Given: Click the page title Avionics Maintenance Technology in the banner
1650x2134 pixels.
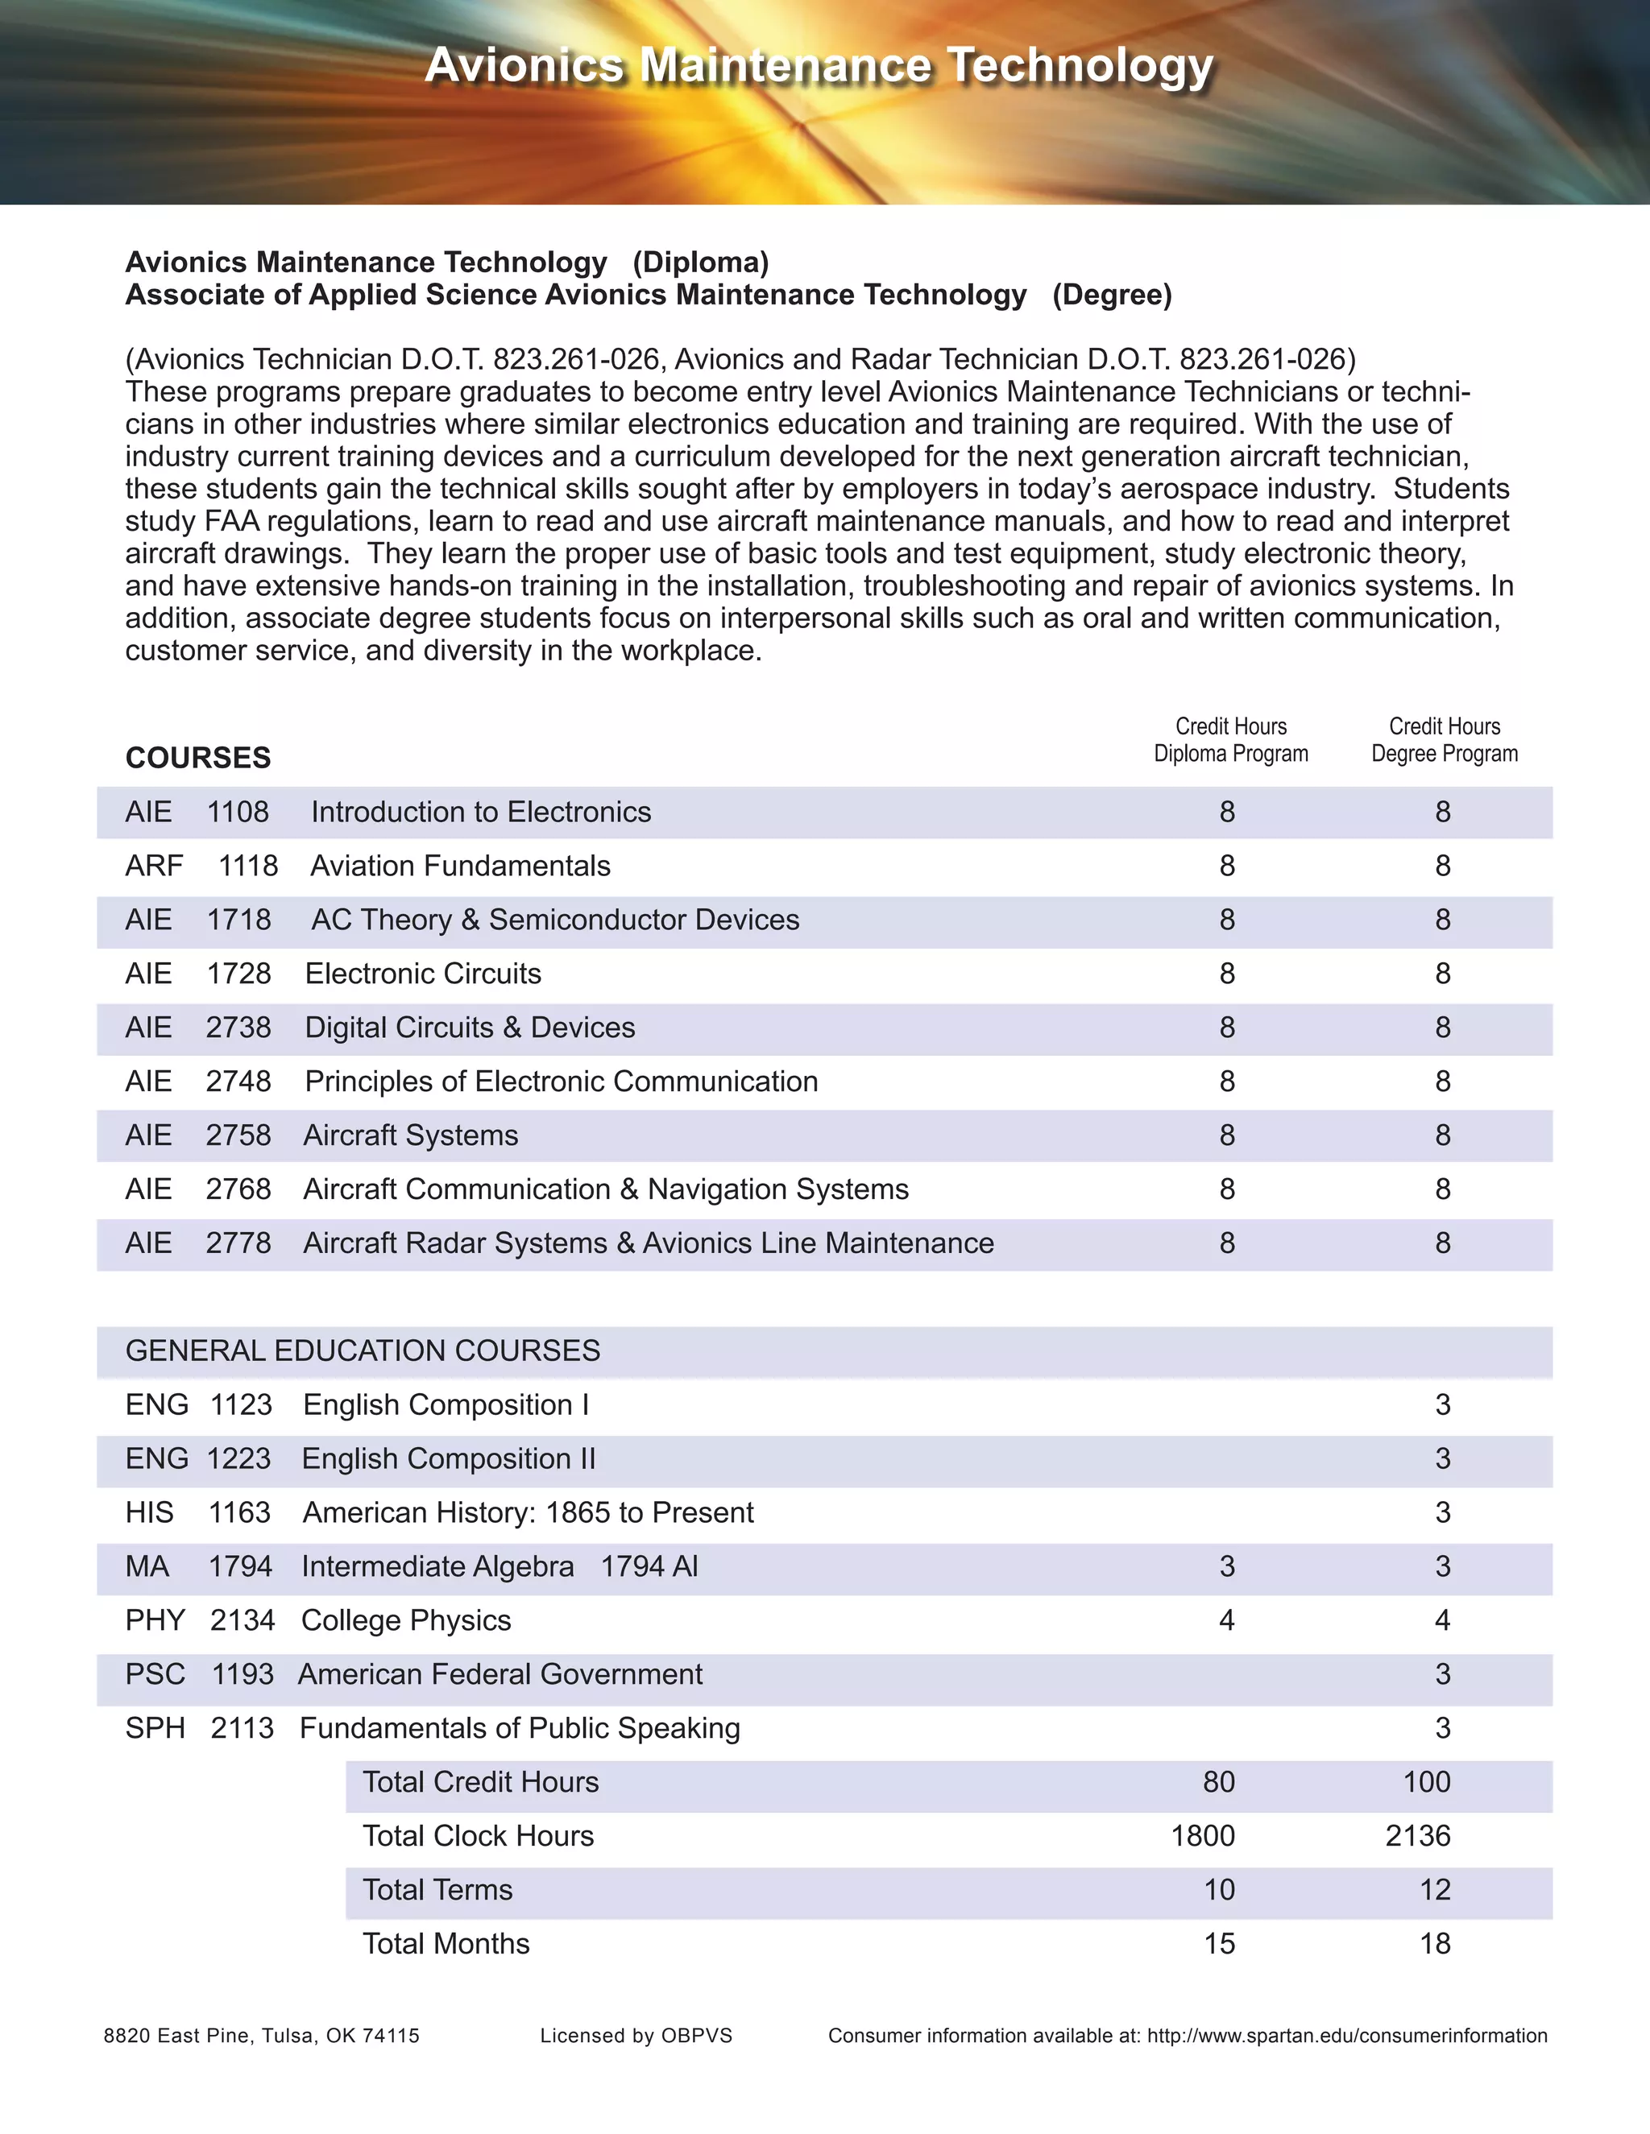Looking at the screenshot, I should pos(819,67).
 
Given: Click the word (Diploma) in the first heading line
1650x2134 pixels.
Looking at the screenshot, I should pos(701,262).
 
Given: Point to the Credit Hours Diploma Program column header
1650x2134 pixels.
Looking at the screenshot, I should pos(1231,740).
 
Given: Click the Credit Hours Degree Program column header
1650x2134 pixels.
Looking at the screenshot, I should pos(1444,740).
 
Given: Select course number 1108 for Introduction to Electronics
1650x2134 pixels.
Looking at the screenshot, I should pos(238,812).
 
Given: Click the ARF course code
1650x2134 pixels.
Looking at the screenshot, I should pos(155,866).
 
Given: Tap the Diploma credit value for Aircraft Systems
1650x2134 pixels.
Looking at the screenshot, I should pos(1228,1135).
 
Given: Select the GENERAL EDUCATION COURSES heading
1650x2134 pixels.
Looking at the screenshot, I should pos(363,1350).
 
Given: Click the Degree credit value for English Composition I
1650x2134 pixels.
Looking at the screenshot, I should pos(1443,1405).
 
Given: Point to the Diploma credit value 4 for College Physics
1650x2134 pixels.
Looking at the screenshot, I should pos(1227,1620).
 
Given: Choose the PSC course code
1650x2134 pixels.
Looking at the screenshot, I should pos(155,1674).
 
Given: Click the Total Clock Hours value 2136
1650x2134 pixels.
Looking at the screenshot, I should pos(1417,1836).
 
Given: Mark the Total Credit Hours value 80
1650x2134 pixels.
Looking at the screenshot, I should pos(1218,1782).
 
